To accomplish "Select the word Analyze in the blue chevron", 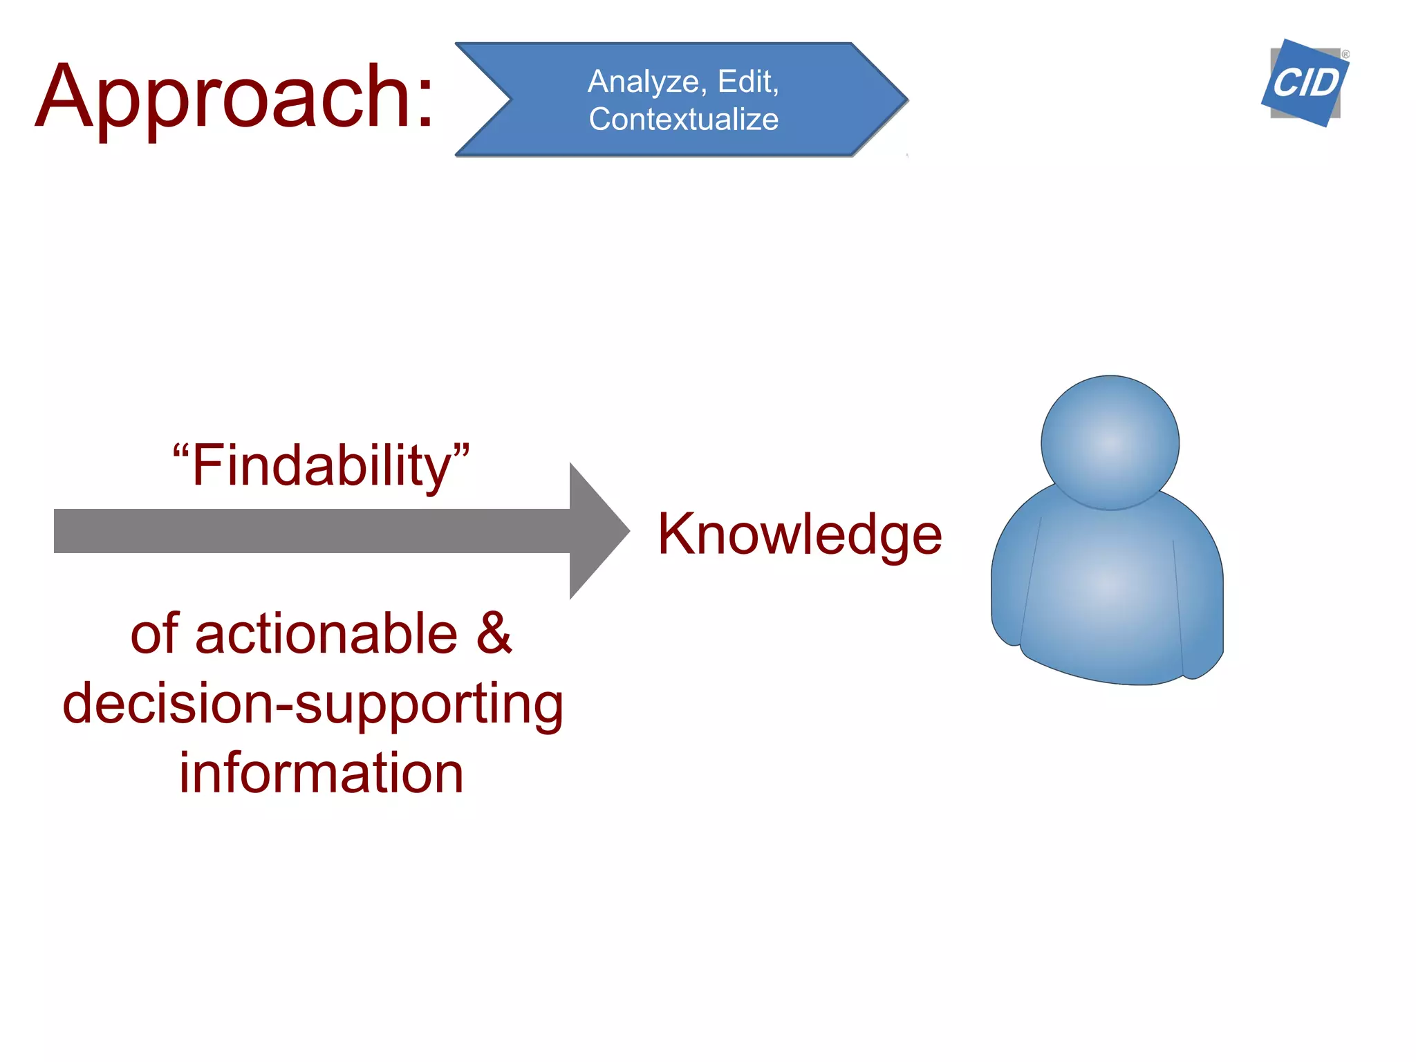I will pyautogui.click(x=643, y=82).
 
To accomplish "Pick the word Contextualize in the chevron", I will pyautogui.click(x=683, y=119).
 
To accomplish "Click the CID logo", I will pyautogui.click(x=1305, y=84).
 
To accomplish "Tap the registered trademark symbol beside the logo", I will pyautogui.click(x=1345, y=54).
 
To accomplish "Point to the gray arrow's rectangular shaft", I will pyautogui.click(x=311, y=531).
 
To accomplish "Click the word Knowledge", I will pyautogui.click(x=799, y=534).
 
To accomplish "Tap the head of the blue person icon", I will pyautogui.click(x=1110, y=442).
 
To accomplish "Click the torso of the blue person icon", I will pyautogui.click(x=1106, y=595).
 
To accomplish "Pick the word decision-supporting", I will pyautogui.click(x=313, y=704).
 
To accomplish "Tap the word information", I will pyautogui.click(x=321, y=773).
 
